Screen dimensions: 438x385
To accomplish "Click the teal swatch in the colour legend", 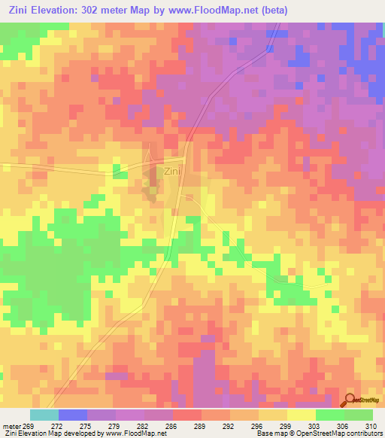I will [44, 415].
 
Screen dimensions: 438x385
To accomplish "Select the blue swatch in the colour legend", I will [73, 415].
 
